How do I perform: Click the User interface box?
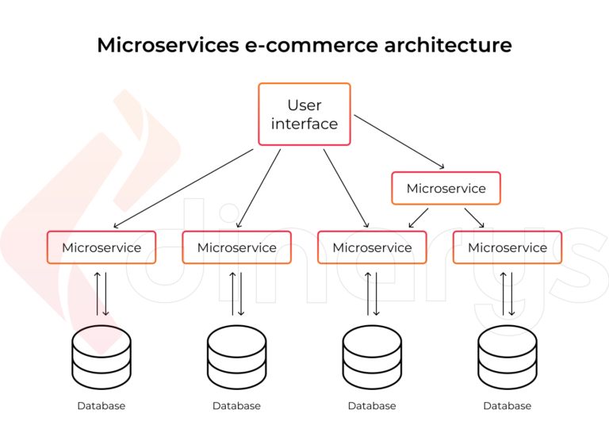coord(304,114)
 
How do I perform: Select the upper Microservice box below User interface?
coord(446,189)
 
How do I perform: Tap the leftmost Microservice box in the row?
coord(101,247)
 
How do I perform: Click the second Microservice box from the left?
coord(237,247)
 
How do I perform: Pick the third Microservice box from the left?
coord(372,247)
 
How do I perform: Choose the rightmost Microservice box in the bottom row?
coord(507,247)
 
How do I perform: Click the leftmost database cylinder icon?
coord(101,357)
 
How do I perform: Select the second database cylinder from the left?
coord(236,357)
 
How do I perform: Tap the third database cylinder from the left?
coord(372,357)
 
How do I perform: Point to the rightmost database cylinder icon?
coord(507,357)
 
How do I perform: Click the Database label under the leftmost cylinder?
coord(101,406)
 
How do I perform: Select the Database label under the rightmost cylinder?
coord(507,406)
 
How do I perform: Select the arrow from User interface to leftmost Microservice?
coord(183,189)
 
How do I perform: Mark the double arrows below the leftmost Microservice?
coord(101,293)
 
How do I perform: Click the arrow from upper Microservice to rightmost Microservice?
coord(473,216)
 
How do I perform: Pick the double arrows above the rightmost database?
coord(507,293)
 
